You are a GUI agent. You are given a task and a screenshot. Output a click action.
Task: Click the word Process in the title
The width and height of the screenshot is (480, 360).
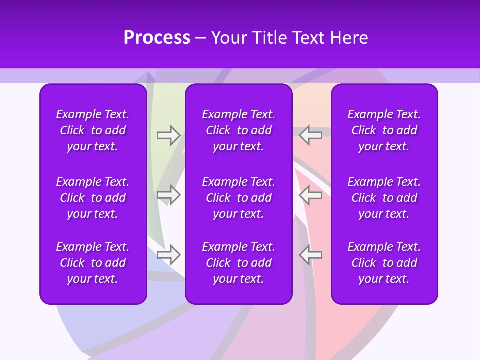point(157,38)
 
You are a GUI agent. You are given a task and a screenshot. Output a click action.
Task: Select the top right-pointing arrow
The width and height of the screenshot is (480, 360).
point(168,135)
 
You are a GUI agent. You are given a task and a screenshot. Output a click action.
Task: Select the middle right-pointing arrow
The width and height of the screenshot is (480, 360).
point(168,195)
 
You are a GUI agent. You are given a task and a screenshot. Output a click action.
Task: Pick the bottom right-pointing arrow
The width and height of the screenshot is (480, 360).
point(168,255)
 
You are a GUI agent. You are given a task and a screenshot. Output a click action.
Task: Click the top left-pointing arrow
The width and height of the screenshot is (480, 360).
point(310,135)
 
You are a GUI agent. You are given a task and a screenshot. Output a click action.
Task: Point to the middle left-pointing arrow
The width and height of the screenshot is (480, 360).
point(310,195)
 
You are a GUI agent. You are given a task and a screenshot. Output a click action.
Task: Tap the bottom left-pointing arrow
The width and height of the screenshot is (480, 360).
point(310,255)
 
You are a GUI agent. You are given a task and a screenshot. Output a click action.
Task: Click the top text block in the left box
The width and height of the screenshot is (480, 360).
point(93,130)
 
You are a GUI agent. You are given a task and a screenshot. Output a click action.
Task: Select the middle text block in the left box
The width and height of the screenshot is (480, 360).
point(93,198)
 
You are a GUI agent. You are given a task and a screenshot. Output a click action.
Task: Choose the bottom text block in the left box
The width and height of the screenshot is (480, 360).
point(93,263)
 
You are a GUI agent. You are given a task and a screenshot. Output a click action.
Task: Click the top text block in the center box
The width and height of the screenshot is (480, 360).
point(238,130)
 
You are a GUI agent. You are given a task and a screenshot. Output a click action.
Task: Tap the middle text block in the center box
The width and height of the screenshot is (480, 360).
point(238,198)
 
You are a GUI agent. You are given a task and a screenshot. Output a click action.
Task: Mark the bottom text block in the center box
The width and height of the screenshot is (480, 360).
point(238,263)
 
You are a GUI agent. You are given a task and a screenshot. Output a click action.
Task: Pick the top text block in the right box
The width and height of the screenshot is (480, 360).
point(384,130)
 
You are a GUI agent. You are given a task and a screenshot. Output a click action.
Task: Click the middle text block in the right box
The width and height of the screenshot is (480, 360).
point(384,198)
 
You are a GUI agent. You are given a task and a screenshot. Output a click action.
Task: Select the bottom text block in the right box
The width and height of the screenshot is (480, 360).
point(384,263)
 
